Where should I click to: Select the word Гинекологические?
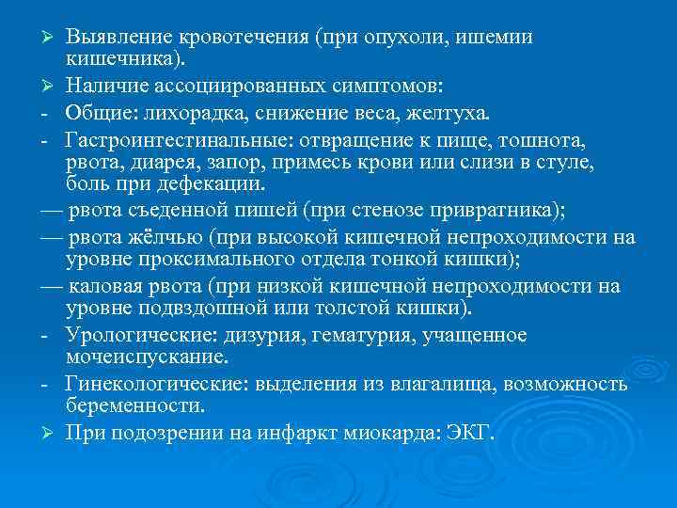pyautogui.click(x=149, y=384)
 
